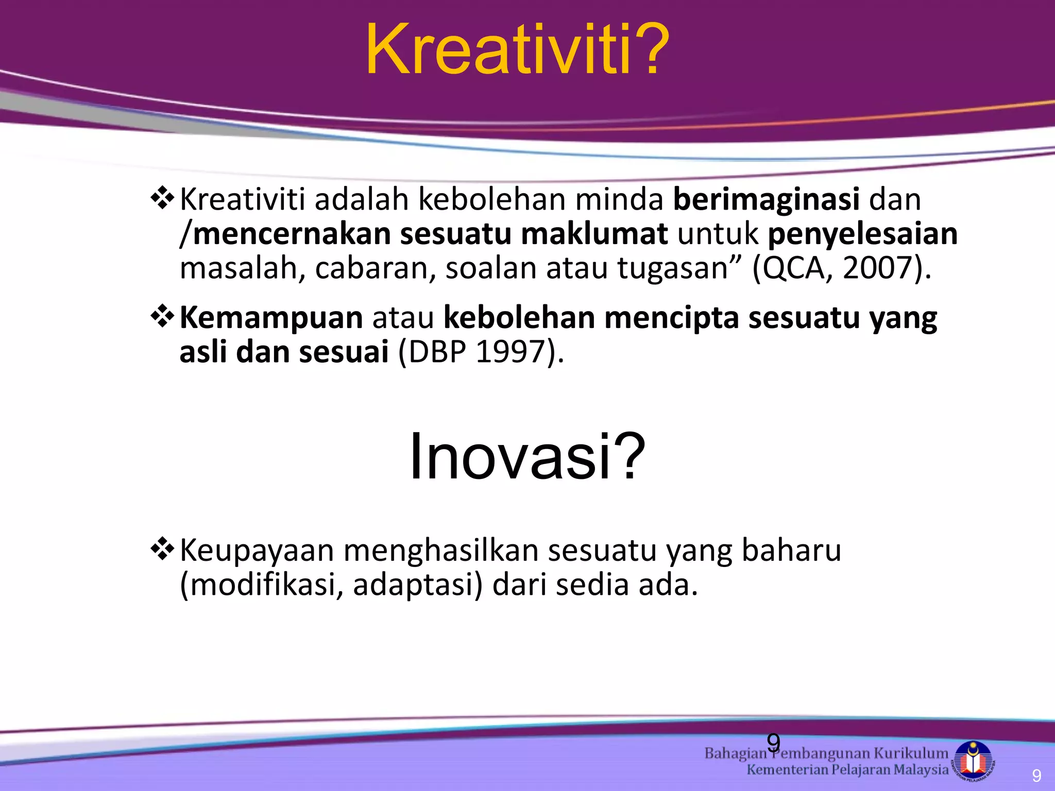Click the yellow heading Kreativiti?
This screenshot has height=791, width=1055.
click(x=517, y=50)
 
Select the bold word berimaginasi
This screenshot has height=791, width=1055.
click(x=766, y=200)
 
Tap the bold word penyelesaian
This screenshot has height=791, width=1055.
click(x=862, y=234)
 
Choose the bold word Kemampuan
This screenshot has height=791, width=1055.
click(x=271, y=318)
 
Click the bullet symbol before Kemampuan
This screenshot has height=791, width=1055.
click(x=162, y=317)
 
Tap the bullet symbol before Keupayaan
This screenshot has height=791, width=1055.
click(x=162, y=549)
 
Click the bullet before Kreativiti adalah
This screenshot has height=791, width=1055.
click(x=162, y=198)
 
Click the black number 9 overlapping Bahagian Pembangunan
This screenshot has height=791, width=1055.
click(x=773, y=743)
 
